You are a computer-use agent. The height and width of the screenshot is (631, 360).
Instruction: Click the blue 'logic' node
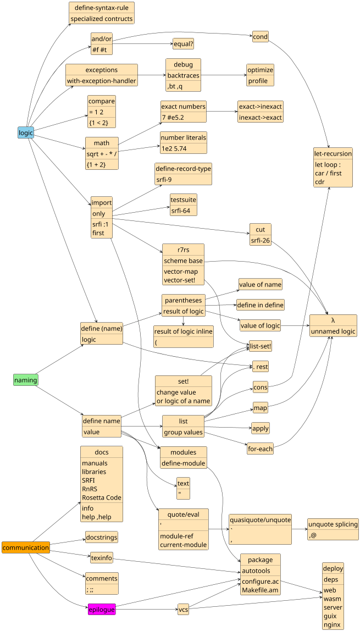pos(26,132)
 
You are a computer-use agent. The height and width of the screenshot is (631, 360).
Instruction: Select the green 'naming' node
pos(26,380)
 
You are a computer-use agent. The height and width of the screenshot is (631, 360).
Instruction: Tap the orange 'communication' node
pos(26,547)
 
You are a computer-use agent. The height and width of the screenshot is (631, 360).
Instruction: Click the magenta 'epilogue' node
pos(102,609)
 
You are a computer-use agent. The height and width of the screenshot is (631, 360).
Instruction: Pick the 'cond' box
pos(260,37)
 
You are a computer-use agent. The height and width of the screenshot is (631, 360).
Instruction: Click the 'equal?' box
pos(184,43)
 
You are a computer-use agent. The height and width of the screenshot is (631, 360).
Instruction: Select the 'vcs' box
pos(183,609)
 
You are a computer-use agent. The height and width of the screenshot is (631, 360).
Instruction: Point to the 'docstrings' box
pos(101,537)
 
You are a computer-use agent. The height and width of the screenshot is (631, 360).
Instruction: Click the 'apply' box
pos(261,428)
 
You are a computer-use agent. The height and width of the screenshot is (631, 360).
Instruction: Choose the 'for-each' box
pos(260,449)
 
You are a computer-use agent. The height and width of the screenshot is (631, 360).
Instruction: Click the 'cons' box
pos(260,388)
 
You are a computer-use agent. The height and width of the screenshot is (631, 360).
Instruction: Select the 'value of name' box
pos(260,284)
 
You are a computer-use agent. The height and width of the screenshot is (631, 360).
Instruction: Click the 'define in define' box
pos(260,305)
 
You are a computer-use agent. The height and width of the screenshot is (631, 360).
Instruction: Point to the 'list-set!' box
pos(260,346)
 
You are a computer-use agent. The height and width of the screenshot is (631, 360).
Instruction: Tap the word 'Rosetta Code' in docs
pos(101,497)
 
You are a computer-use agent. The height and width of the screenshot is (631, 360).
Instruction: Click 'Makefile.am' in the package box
pos(260,590)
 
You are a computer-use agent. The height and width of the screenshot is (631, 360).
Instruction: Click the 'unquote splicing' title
pos(333,524)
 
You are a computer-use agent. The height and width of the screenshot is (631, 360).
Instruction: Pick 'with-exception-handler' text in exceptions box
pos(102,81)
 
